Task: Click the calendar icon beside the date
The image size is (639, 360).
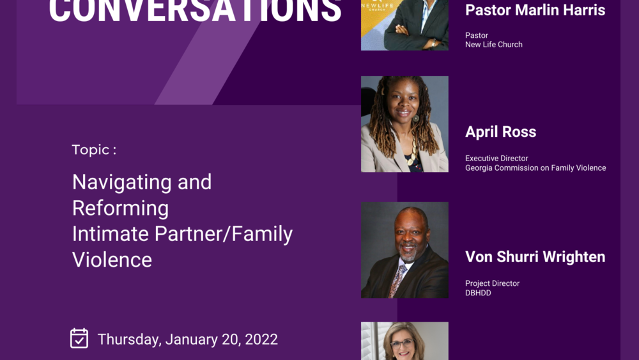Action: point(79,338)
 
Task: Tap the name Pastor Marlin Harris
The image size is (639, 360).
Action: point(535,10)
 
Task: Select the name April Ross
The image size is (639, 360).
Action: point(500,132)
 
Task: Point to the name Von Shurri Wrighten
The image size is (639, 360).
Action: point(535,257)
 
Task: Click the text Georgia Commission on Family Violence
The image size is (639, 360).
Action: point(535,168)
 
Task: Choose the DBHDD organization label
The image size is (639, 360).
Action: point(478,293)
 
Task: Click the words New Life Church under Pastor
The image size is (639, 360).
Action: point(494,44)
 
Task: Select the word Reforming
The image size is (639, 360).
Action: point(120,208)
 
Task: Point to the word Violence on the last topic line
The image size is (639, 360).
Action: point(112,260)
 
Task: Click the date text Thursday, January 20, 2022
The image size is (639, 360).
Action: point(187,339)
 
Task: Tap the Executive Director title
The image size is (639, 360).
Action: point(497,159)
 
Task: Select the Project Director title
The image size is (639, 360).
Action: point(492,283)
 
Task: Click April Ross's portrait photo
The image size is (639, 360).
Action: point(404,124)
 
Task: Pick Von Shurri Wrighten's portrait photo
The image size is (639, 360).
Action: point(404,250)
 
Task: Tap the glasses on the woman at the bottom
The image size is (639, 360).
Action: point(402,344)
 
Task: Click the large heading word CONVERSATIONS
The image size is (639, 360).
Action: point(195,12)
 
